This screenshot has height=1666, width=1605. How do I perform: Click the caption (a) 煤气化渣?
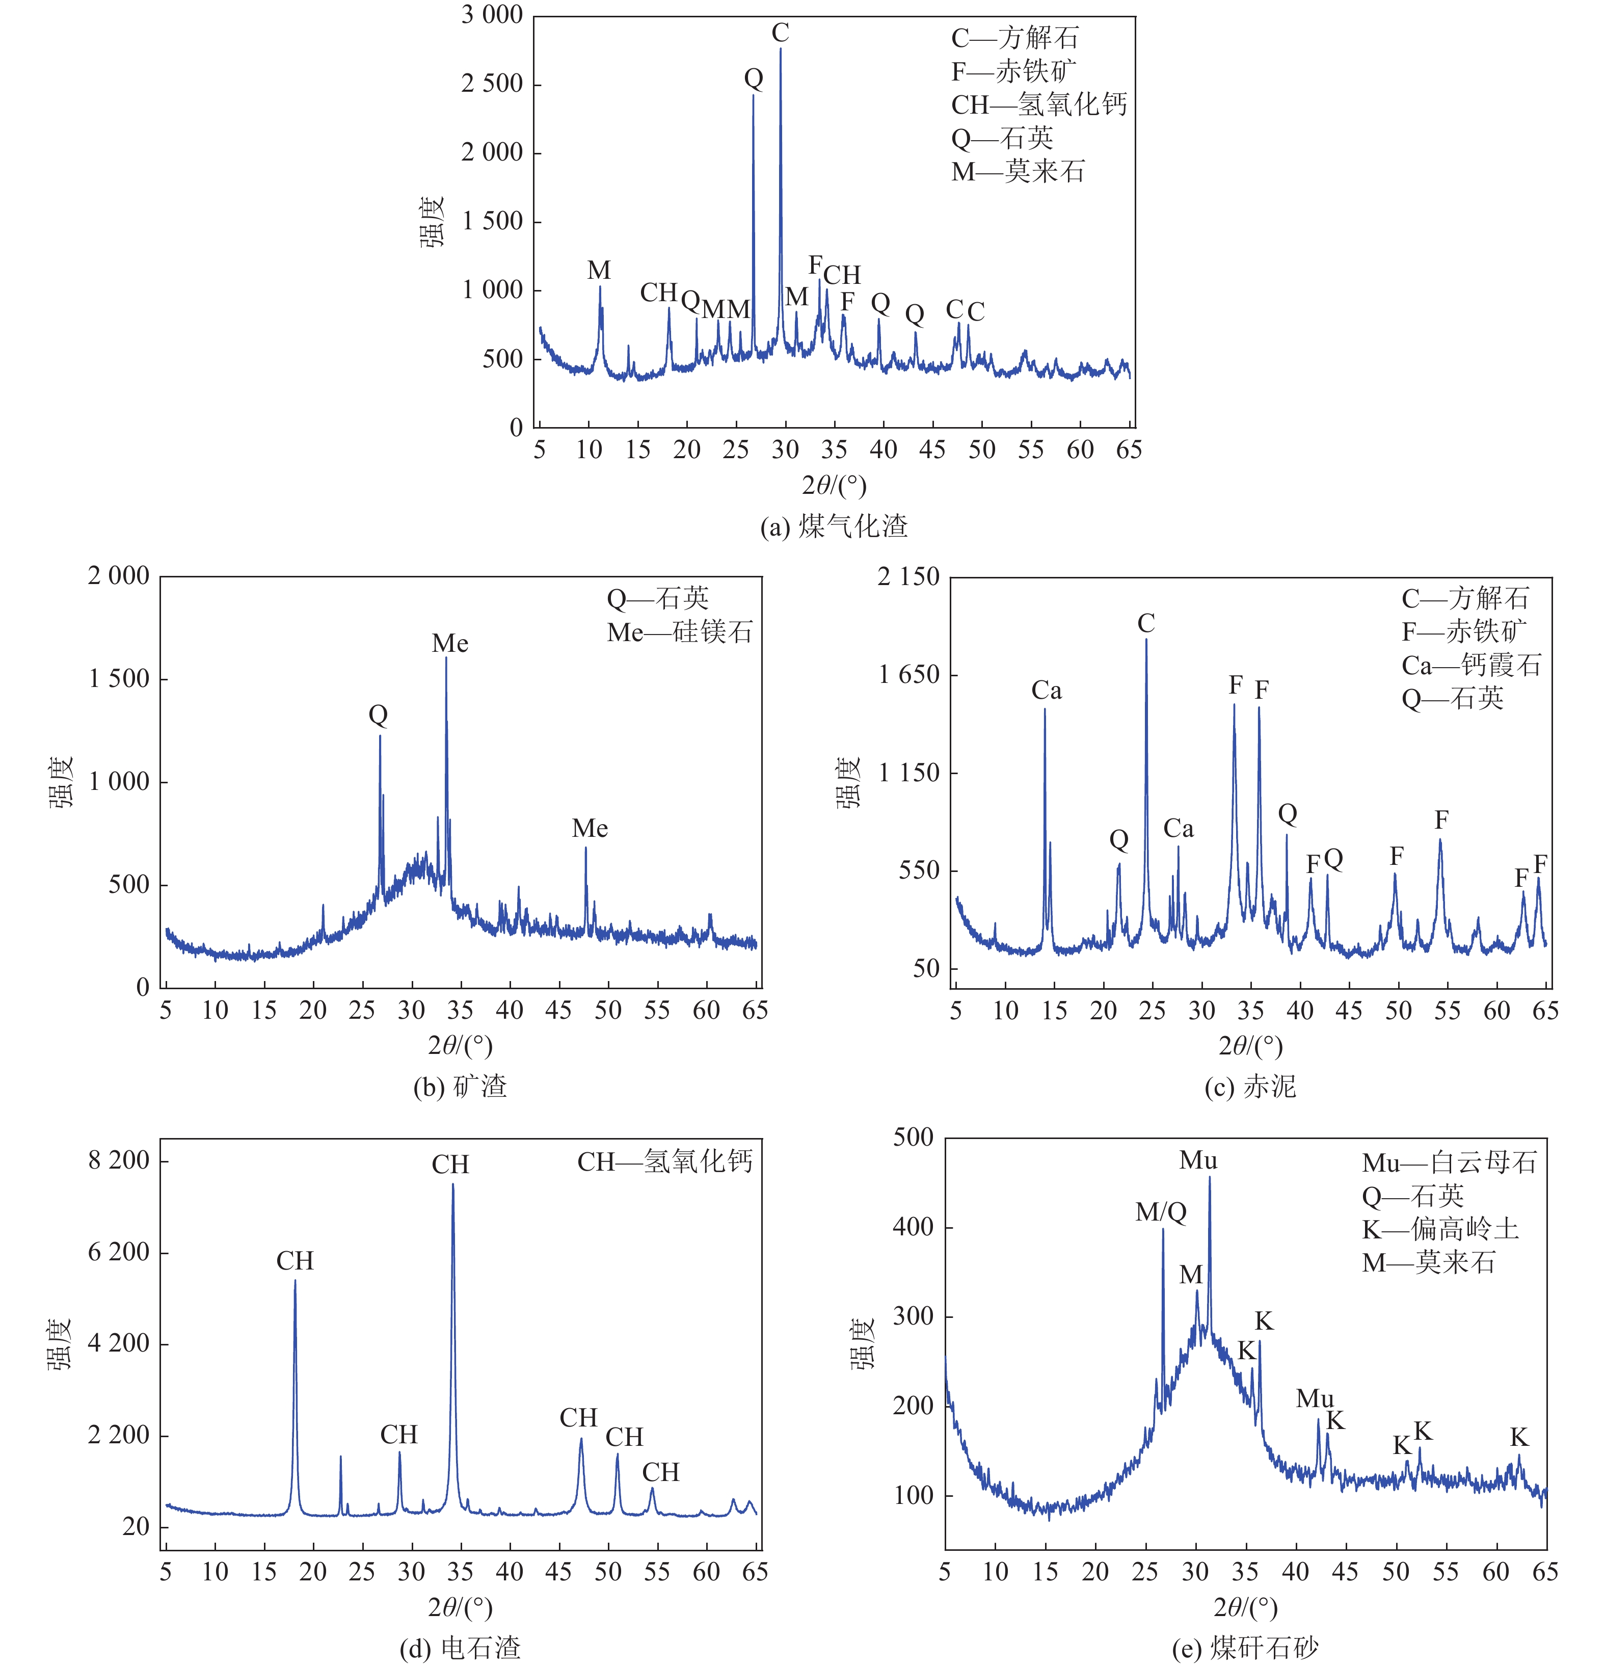(834, 526)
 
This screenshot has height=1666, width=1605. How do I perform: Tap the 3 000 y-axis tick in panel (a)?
(492, 15)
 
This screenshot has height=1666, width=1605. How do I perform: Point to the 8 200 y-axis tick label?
(119, 1160)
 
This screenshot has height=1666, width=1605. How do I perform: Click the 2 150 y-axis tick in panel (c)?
(908, 576)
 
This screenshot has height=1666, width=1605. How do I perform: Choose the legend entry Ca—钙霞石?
(1471, 665)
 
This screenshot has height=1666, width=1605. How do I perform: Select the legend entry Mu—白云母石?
(1450, 1163)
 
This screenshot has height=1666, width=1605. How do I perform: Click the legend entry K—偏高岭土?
(1440, 1229)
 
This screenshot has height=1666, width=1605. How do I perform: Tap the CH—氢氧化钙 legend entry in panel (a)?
(1038, 104)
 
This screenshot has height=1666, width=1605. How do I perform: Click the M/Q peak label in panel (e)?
(1161, 1212)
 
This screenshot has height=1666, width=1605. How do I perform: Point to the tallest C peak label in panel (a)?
(780, 33)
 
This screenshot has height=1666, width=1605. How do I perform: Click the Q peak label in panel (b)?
(378, 715)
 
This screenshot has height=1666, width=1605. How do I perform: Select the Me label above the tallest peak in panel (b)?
(449, 644)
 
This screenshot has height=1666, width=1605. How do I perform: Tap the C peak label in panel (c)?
(1146, 623)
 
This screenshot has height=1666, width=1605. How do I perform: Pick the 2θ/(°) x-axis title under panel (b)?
(460, 1045)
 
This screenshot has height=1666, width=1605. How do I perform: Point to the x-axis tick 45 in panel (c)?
(1348, 1011)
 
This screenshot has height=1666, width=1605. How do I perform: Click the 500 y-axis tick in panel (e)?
(914, 1138)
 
